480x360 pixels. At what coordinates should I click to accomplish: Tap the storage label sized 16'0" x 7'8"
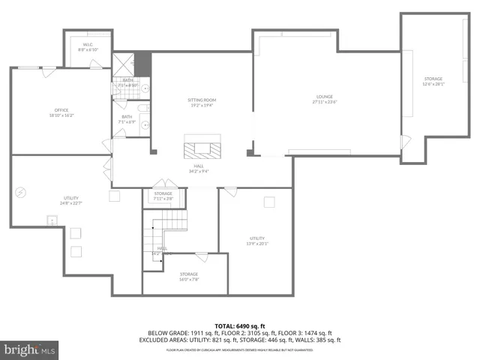(188, 277)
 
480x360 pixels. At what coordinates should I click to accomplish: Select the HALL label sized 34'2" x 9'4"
(199, 169)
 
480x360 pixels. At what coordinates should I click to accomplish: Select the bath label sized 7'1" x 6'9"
(127, 119)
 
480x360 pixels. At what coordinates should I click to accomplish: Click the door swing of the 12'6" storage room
(406, 141)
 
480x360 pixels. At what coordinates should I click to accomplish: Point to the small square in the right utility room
(269, 202)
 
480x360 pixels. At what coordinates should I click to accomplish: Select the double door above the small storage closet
(163, 184)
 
